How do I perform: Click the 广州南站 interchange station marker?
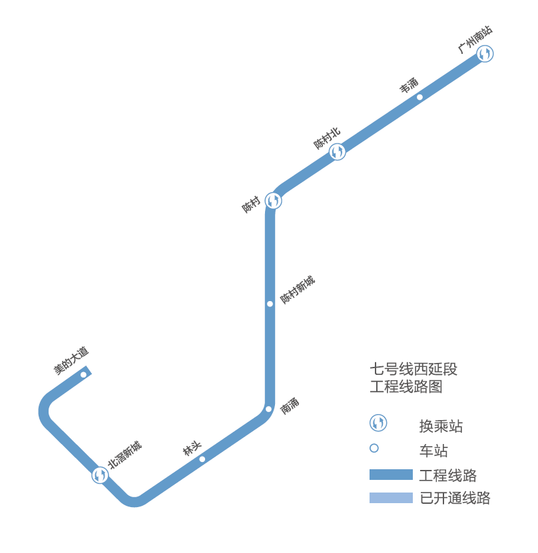pyautogui.click(x=485, y=54)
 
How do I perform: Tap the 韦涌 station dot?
pyautogui.click(x=419, y=97)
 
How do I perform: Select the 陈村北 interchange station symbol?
pyautogui.click(x=338, y=152)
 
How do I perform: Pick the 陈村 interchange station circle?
pyautogui.click(x=273, y=201)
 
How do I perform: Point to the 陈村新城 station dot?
pyautogui.click(x=270, y=304)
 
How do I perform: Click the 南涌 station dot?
pyautogui.click(x=269, y=409)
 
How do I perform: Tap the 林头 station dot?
pyautogui.click(x=202, y=459)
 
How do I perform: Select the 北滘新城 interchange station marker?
pyautogui.click(x=101, y=475)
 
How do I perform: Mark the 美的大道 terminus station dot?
pyautogui.click(x=83, y=374)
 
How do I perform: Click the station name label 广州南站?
pyautogui.click(x=475, y=40)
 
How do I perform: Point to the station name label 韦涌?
pyautogui.click(x=409, y=85)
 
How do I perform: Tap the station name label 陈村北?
pyautogui.click(x=327, y=138)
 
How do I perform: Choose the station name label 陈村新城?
pyautogui.click(x=297, y=290)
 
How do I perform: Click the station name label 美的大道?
pyautogui.click(x=71, y=360)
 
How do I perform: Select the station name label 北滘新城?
pyautogui.click(x=125, y=455)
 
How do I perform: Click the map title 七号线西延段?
pyautogui.click(x=413, y=369)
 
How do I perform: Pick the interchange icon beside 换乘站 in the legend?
pyautogui.click(x=378, y=423)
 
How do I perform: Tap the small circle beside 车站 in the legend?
pyautogui.click(x=374, y=448)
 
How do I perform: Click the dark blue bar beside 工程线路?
pyautogui.click(x=391, y=475)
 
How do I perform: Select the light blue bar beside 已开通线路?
pyautogui.click(x=391, y=497)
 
